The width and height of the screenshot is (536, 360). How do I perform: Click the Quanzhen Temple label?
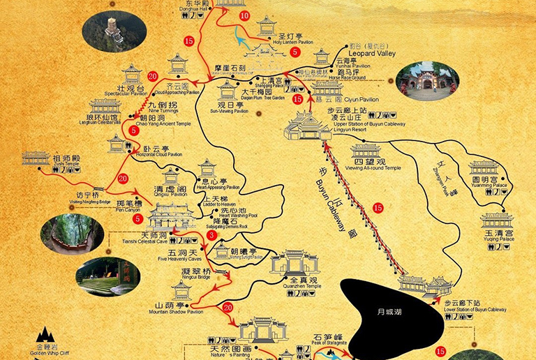[294, 282]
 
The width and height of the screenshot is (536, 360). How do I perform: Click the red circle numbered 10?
[244, 15]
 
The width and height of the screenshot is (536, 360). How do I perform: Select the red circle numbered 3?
[211, 237]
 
